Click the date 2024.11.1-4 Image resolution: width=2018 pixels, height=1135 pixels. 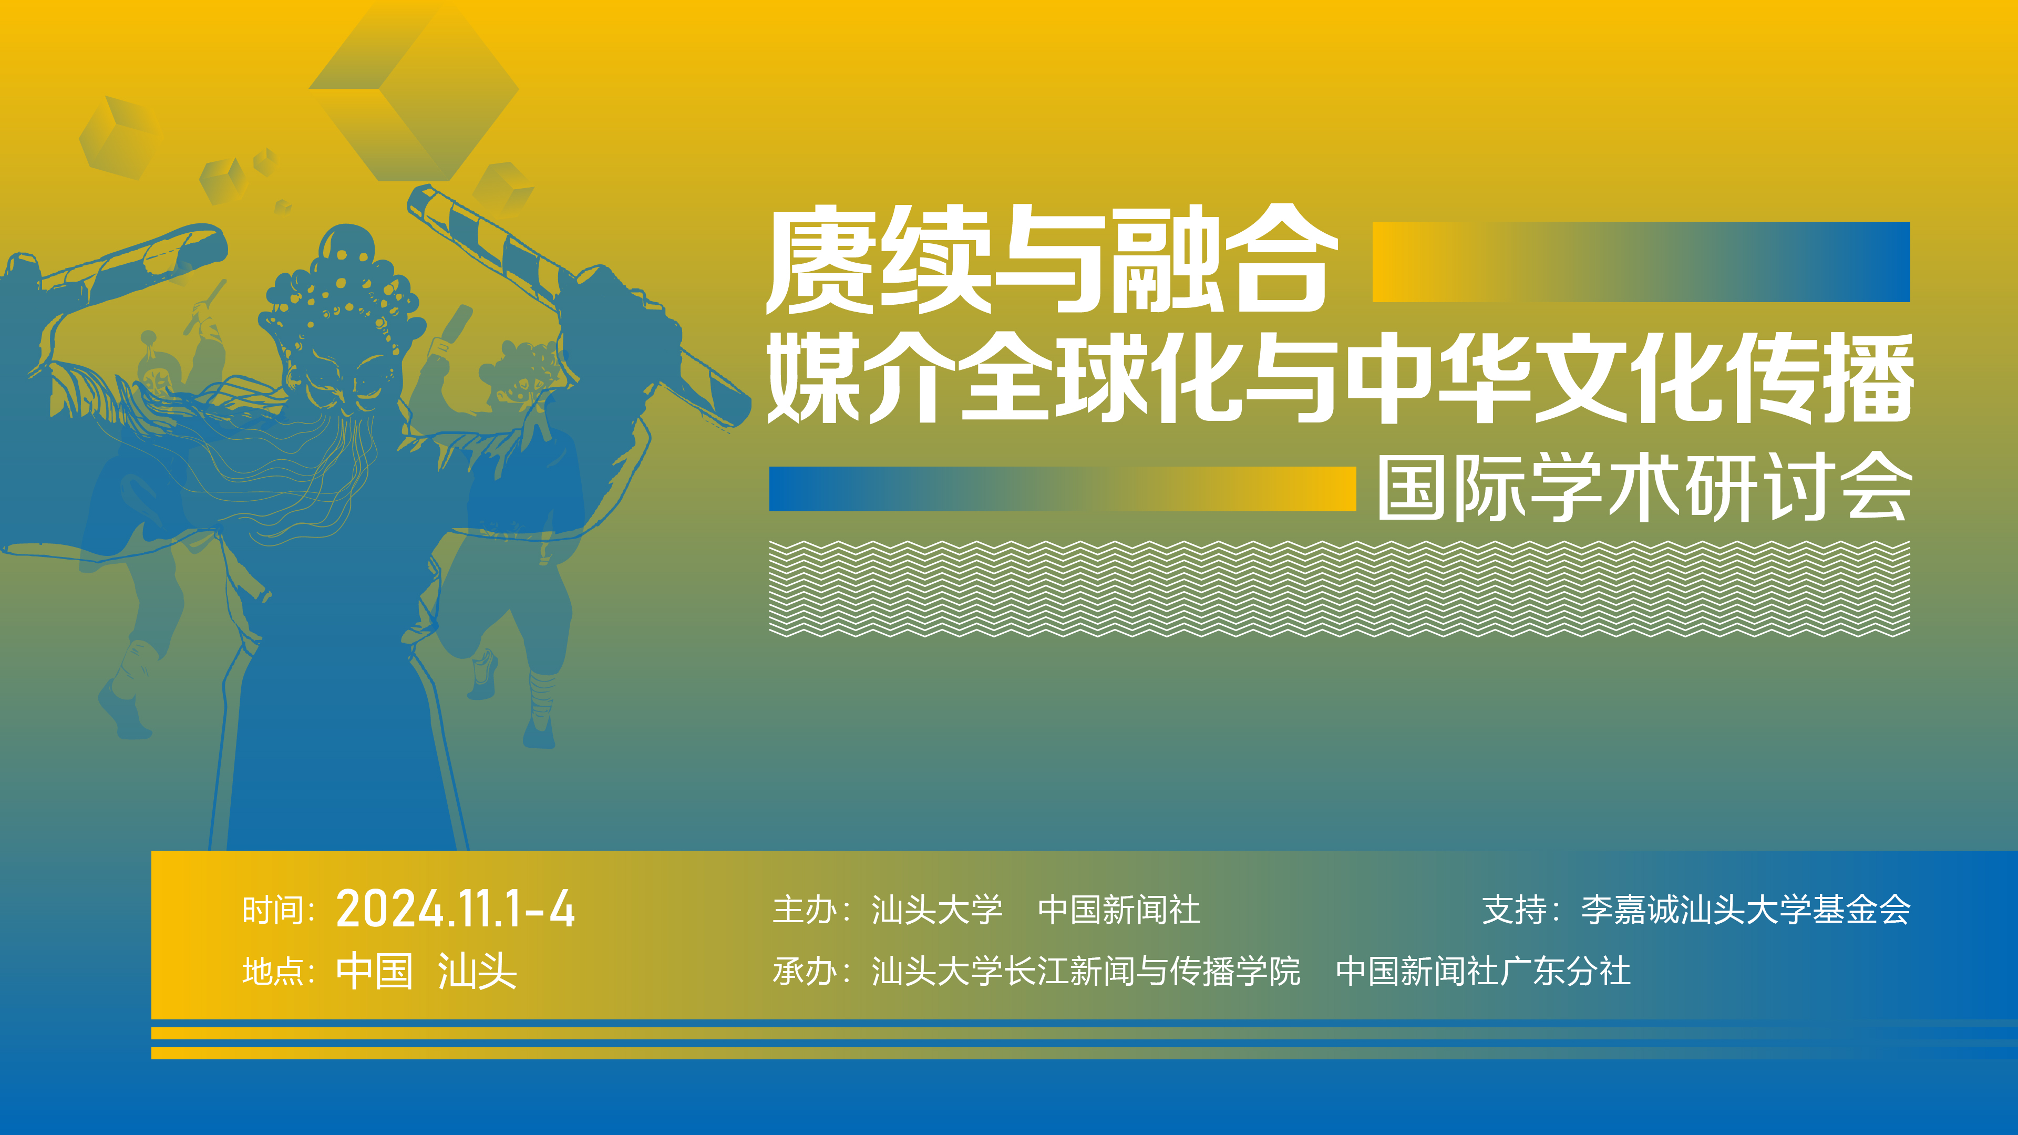(455, 910)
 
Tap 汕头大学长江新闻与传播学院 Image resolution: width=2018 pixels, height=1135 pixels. (1086, 971)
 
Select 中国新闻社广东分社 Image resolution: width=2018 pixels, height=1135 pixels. (1483, 971)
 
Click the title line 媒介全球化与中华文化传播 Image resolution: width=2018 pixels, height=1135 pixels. (1340, 378)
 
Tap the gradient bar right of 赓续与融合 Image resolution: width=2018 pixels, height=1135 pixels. (1641, 262)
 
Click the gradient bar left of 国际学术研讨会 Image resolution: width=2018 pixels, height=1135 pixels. (1062, 489)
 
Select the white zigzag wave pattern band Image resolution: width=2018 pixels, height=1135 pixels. (1340, 589)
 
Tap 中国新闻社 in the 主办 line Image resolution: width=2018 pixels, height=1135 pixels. (1119, 910)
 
